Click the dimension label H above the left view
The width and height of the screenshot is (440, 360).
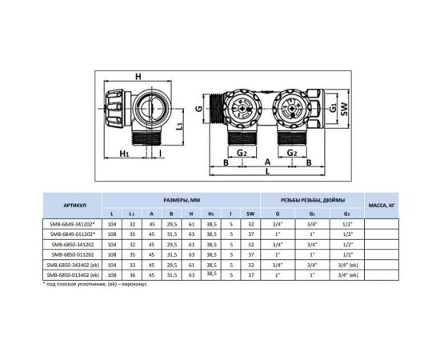[138, 76]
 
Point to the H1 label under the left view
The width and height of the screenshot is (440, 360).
[124, 154]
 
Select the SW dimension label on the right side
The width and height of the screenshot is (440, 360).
[344, 109]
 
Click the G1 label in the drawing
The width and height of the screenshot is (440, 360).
[333, 108]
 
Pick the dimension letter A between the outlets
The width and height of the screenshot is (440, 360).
[267, 162]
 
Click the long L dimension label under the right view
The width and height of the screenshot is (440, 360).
[267, 171]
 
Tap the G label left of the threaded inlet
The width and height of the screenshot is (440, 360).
[198, 109]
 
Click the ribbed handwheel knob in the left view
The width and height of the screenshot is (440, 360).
[114, 109]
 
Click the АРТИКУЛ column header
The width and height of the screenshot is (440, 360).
[72, 206]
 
